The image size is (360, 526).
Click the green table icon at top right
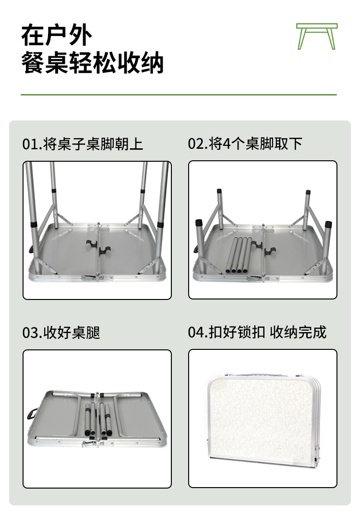[317, 36]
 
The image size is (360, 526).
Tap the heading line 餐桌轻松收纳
[93, 63]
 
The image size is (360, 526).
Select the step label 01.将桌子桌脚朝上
[83, 143]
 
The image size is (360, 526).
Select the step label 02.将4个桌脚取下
[245, 143]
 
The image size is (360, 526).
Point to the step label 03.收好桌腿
[61, 332]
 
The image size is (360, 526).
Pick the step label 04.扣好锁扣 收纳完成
[257, 332]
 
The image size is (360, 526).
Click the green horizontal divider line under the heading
[179, 95]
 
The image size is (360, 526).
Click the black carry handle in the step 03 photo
[33, 414]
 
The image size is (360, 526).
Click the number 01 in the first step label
[29, 143]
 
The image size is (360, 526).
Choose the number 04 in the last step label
[194, 332]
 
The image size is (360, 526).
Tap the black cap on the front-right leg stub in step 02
[328, 225]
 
